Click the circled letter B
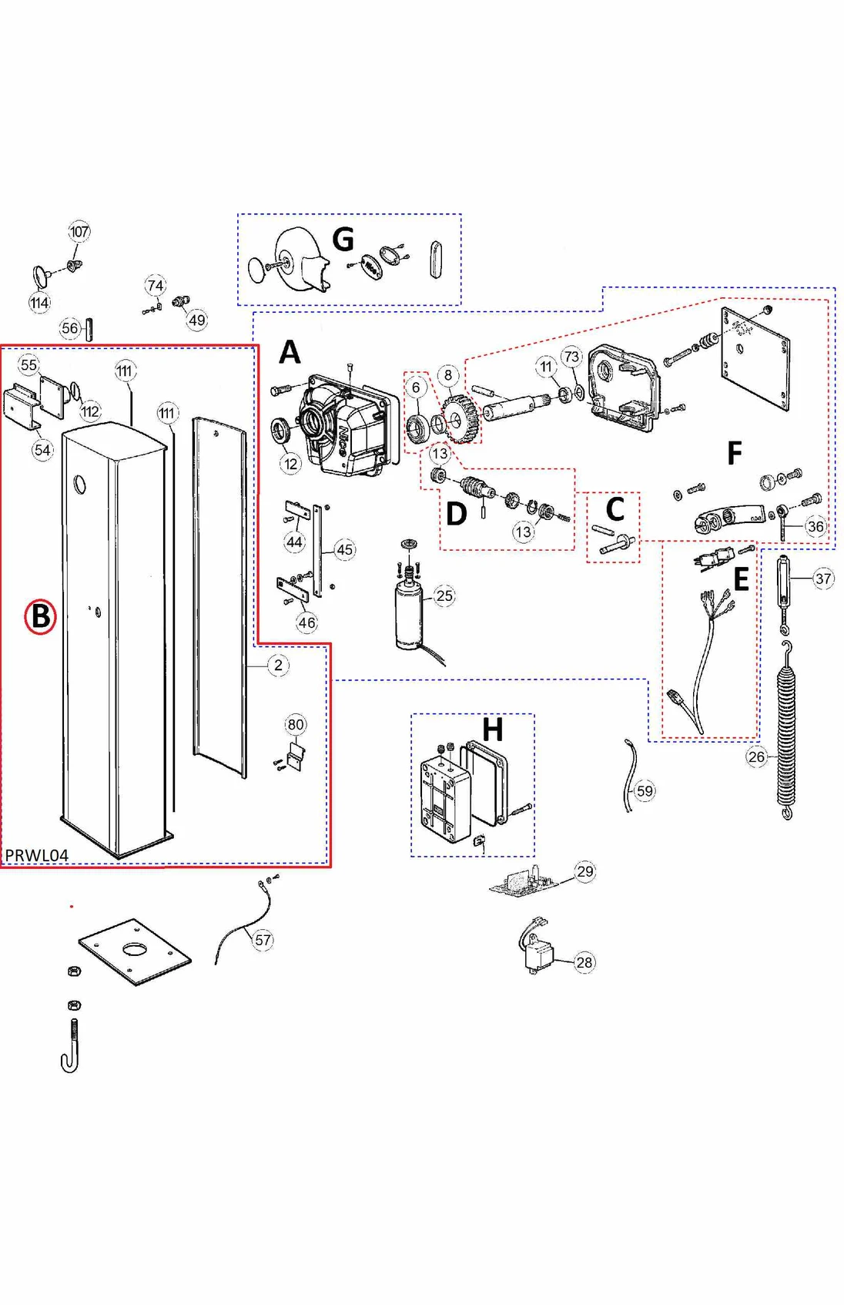(x=40, y=616)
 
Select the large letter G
(x=343, y=240)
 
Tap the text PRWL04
(x=36, y=855)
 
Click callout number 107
(x=79, y=231)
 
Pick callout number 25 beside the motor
(x=444, y=595)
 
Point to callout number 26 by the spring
(x=757, y=756)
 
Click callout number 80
(x=296, y=724)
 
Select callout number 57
(x=263, y=940)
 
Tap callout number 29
(x=585, y=871)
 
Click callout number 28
(x=584, y=962)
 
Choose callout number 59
(x=645, y=790)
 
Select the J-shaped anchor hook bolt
(x=71, y=1048)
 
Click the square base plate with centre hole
(x=135, y=952)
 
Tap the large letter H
(x=492, y=729)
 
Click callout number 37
(x=823, y=579)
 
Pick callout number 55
(x=28, y=364)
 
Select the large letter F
(x=734, y=453)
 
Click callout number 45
(x=344, y=549)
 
